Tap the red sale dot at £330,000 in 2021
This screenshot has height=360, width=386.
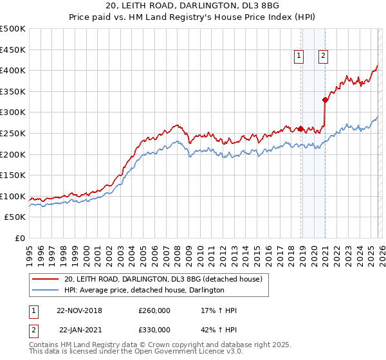pos(326,100)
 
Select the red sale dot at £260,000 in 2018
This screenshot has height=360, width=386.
pos(301,129)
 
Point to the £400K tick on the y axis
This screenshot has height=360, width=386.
pos(13,70)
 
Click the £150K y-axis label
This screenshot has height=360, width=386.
pos(13,175)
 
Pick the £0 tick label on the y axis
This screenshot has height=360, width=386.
pos(19,239)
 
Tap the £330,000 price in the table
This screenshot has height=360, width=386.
pos(154,329)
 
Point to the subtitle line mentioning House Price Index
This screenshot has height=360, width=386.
pos(193,19)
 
